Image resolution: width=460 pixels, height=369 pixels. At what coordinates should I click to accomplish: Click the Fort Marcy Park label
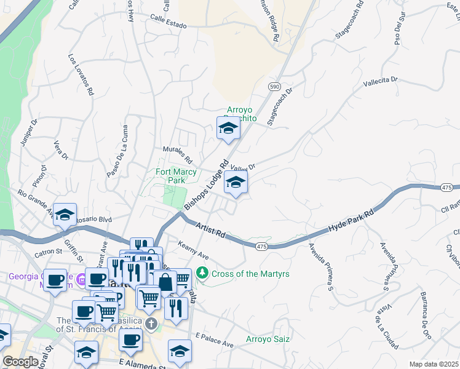(170, 177)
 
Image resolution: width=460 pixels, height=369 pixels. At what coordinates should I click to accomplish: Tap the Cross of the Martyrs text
(250, 272)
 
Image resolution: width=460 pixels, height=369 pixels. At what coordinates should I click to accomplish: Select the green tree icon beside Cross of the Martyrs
(202, 272)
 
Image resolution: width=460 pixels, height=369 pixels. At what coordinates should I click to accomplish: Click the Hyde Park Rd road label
(351, 220)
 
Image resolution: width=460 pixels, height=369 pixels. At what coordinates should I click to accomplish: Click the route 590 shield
(274, 87)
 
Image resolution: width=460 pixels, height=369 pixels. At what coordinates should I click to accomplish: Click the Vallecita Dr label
(381, 81)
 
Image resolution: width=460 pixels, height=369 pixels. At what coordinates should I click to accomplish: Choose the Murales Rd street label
(178, 154)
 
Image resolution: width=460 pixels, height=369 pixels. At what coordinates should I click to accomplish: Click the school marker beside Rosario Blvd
(65, 215)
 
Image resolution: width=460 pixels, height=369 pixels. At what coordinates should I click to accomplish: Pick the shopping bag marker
(165, 282)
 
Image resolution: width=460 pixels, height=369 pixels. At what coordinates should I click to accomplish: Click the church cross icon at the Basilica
(152, 323)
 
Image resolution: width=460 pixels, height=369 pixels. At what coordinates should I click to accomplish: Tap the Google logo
(21, 362)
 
